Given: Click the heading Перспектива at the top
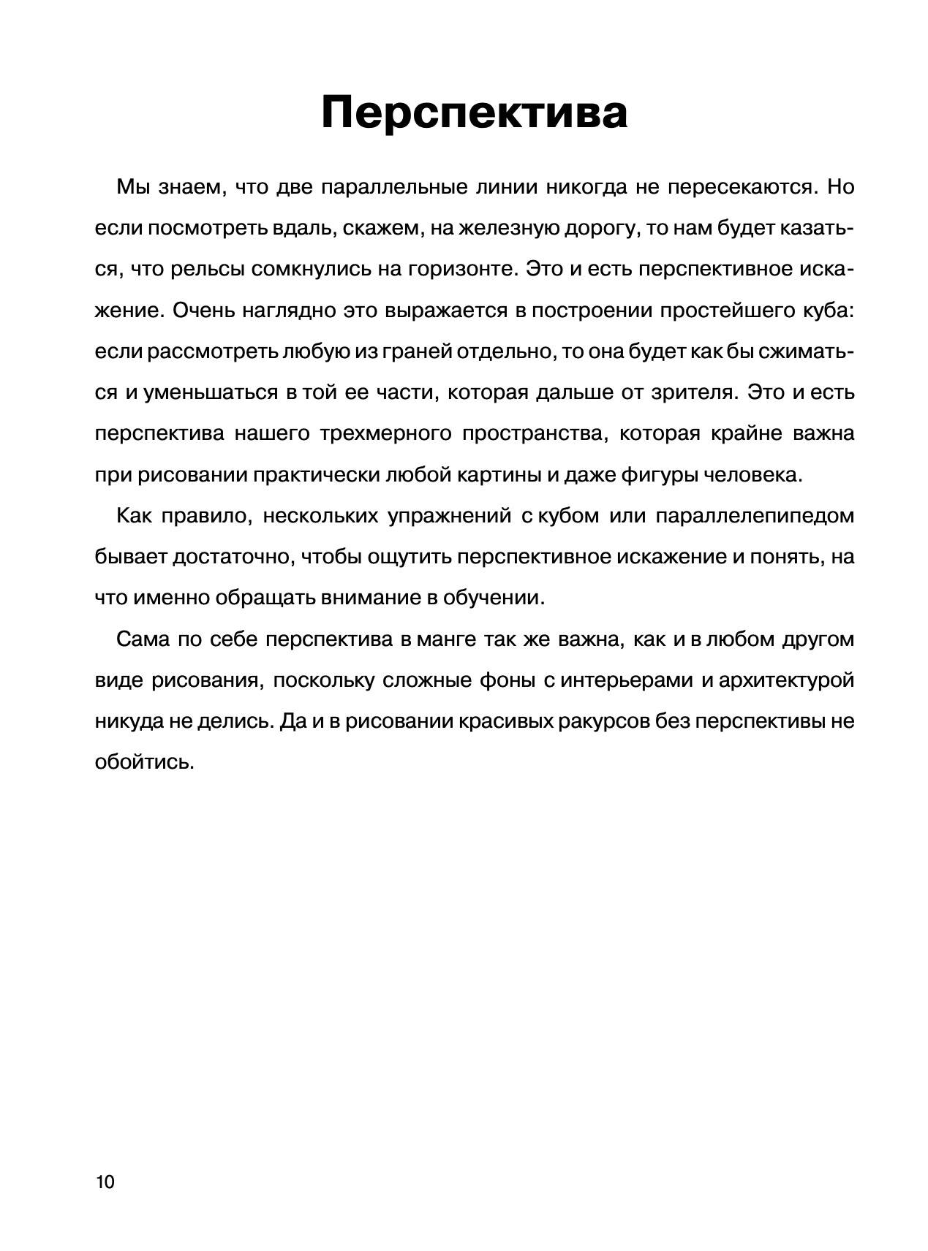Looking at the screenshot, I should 474,112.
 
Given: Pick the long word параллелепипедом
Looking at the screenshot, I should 754,516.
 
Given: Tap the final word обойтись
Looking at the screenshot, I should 144,762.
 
